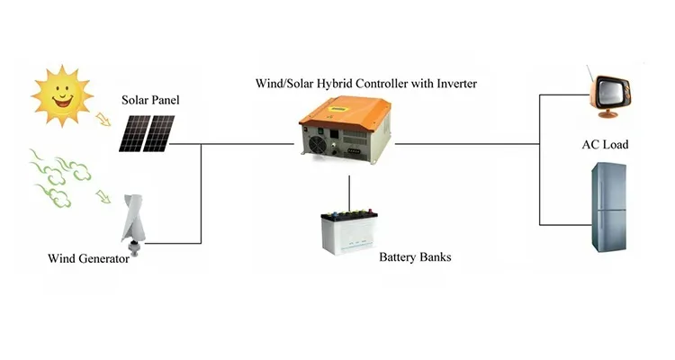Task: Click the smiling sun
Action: [61, 94]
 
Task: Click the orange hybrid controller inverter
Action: [346, 127]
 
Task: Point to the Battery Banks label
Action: [415, 257]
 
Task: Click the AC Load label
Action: [605, 145]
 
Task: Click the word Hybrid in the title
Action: [318, 84]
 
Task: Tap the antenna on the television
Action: [589, 72]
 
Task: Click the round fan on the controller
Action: [320, 143]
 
